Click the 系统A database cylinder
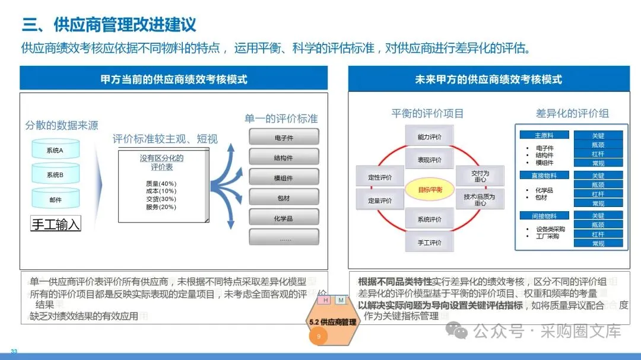point(55,151)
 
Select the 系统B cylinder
point(55,175)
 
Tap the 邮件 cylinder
point(55,200)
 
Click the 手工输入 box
point(55,224)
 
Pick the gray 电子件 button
point(283,138)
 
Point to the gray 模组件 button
point(283,178)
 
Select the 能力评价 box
point(429,137)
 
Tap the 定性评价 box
point(380,177)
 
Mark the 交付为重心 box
point(480,176)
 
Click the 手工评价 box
point(429,243)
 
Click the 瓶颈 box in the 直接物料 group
point(598,184)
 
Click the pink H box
point(325,300)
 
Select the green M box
point(341,300)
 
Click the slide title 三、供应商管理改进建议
point(109,25)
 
